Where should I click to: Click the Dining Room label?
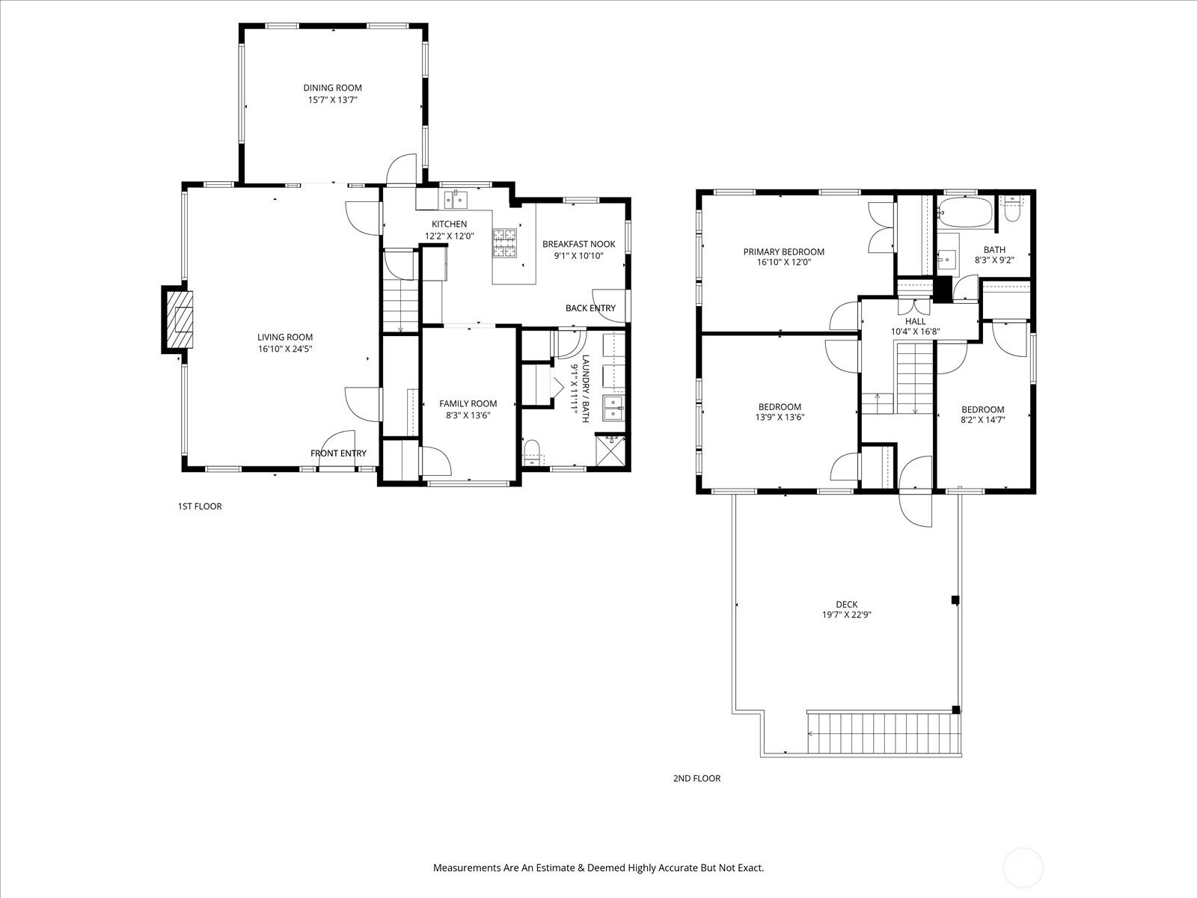point(333,88)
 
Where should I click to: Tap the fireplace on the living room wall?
point(177,320)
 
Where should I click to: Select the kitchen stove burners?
point(504,242)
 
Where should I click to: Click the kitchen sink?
point(456,200)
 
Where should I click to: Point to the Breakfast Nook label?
point(578,244)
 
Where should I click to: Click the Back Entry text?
point(590,308)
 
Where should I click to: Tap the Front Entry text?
point(339,453)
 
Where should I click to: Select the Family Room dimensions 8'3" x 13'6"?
point(468,415)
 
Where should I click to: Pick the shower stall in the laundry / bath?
point(610,450)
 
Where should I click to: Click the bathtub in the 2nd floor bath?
point(966,212)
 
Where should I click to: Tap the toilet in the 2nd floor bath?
point(1012,210)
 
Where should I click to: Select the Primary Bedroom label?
point(783,252)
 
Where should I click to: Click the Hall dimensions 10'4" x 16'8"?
point(916,332)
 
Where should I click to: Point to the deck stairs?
point(884,733)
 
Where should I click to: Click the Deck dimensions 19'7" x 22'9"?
point(847,614)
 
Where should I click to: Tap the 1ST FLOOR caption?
point(200,507)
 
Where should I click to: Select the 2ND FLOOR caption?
point(697,778)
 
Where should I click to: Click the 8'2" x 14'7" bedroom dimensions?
point(983,420)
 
